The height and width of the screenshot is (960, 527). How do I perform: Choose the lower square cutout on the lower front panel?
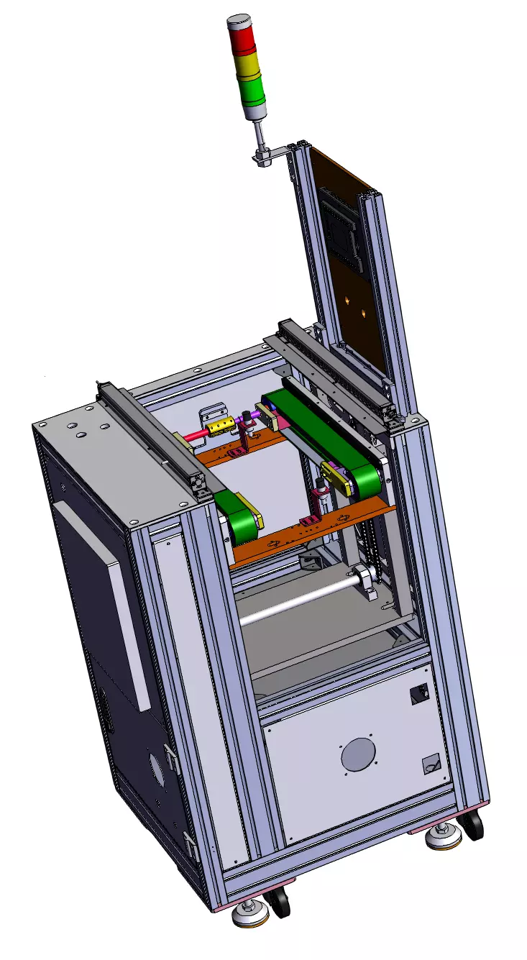pos(431,764)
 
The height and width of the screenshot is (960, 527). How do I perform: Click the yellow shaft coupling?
pos(217,429)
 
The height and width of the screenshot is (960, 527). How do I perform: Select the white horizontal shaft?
pos(295,600)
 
